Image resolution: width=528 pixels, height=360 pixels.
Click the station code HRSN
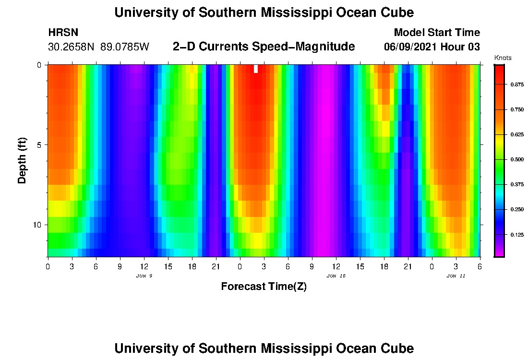pyautogui.click(x=63, y=33)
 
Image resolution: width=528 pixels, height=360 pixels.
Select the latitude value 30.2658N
pyautogui.click(x=72, y=47)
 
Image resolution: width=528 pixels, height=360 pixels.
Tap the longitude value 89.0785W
pyautogui.click(x=125, y=47)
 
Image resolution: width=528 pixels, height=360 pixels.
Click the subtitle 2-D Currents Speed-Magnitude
pyautogui.click(x=264, y=47)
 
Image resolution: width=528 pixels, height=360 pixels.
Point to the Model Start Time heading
pyautogui.click(x=436, y=33)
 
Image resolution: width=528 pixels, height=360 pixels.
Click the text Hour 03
pyautogui.click(x=463, y=47)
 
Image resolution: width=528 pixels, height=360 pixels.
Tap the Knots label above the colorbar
pyautogui.click(x=503, y=58)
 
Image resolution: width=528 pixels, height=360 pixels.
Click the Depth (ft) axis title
pyautogui.click(x=22, y=160)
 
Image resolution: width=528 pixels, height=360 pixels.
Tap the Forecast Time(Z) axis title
pyautogui.click(x=264, y=287)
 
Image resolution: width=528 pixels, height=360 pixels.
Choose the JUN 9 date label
pyautogui.click(x=144, y=276)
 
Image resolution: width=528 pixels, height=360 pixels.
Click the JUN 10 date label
pyautogui.click(x=336, y=276)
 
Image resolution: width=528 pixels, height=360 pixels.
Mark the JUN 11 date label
pyautogui.click(x=456, y=276)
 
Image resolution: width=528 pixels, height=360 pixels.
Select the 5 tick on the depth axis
pyautogui.click(x=38, y=145)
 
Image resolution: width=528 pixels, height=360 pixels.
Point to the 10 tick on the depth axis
pyautogui.click(x=36, y=225)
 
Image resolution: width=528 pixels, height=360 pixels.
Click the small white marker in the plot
pyautogui.click(x=256, y=69)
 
